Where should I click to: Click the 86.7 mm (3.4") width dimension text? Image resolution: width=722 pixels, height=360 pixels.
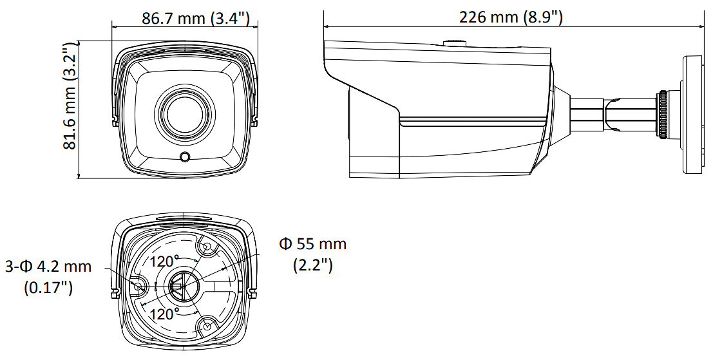[x=196, y=19]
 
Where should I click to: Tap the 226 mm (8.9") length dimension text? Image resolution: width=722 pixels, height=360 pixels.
[x=511, y=17]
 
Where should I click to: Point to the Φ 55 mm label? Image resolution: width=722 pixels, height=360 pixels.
[x=313, y=243]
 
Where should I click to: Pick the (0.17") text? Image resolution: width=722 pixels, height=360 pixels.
[x=48, y=288]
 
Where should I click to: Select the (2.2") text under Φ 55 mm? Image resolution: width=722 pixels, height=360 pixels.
[x=313, y=265]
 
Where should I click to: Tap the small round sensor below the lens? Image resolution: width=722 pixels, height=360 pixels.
[x=185, y=157]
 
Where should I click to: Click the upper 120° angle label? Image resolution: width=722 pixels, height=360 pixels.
[x=164, y=261]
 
